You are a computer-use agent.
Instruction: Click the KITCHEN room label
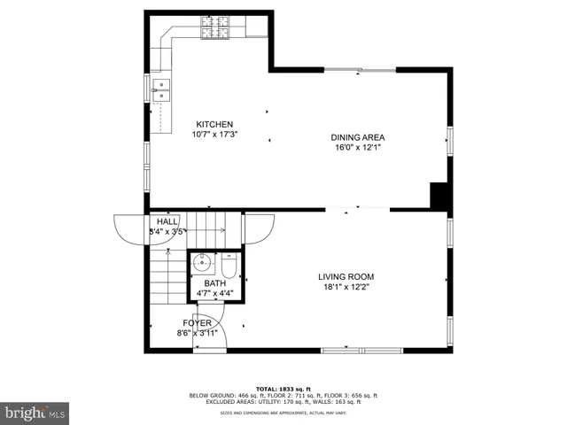click(x=214, y=125)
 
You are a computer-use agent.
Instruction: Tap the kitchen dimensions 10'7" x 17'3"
click(x=214, y=135)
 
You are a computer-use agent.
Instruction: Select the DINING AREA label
click(x=358, y=137)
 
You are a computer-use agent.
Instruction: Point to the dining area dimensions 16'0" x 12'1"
click(x=358, y=148)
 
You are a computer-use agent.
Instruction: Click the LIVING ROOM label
click(x=346, y=277)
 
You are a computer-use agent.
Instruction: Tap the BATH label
click(x=215, y=284)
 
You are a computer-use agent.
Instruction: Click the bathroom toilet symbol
click(x=229, y=266)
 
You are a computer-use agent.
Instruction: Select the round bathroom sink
click(x=202, y=262)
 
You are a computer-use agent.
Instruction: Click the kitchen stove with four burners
click(x=214, y=34)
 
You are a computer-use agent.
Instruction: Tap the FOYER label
click(x=197, y=323)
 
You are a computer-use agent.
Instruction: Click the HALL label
click(x=167, y=221)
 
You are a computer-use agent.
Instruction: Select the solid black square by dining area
click(x=439, y=195)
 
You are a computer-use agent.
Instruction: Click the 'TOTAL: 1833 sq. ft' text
click(x=283, y=389)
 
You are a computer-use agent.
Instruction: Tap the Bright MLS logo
click(x=35, y=413)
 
